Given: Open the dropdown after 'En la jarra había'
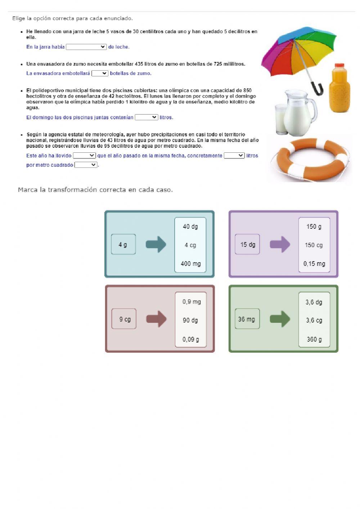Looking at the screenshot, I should (86, 47).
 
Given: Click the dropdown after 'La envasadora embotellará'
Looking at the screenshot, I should (100, 73).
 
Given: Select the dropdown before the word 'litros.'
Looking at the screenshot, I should (146, 117).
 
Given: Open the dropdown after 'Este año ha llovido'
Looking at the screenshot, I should (84, 156).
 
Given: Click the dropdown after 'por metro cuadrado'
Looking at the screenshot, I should (86, 165).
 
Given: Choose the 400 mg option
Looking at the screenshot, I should (190, 264).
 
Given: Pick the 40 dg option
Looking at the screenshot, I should (190, 227).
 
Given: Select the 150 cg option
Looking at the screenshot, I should (314, 245).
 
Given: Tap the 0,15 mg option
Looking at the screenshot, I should (314, 264).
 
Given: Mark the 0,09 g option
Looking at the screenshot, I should (190, 339).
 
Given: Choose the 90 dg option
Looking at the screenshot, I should (190, 320).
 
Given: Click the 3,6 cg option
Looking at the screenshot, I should (314, 320).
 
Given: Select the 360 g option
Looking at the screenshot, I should (314, 339).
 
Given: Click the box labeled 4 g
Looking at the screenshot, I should (123, 245).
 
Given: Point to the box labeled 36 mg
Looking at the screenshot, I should (247, 319).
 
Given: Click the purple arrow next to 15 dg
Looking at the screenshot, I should (280, 245).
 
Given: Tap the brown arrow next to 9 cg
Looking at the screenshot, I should (156, 319).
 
